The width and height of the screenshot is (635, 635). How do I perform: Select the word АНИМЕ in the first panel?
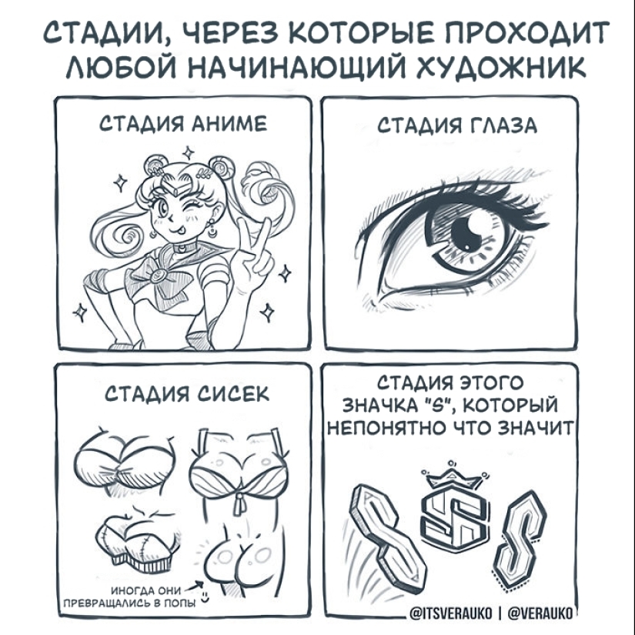click(x=229, y=124)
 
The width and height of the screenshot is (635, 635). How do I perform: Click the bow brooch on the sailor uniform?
click(x=156, y=276)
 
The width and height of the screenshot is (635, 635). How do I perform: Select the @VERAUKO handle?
click(x=540, y=613)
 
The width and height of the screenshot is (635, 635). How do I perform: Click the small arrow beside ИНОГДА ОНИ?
click(x=195, y=587)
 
